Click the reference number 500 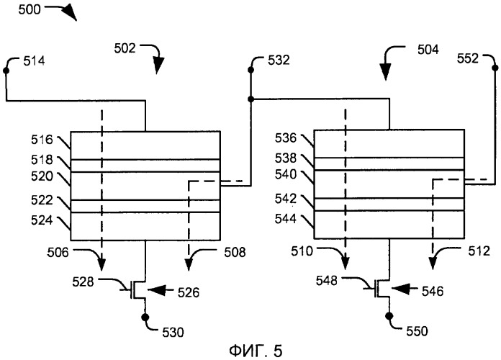(30, 9)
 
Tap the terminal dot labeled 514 (6, 71)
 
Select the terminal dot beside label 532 (250, 70)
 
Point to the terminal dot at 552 (495, 68)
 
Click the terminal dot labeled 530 (145, 317)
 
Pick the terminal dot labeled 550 (389, 316)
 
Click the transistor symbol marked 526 (136, 290)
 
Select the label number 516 (42, 140)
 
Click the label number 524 (42, 220)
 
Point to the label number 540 (286, 174)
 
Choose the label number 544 (286, 219)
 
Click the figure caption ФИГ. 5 (256, 351)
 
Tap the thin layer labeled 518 (145, 166)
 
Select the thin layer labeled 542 (389, 204)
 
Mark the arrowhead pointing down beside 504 (386, 71)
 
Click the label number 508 (235, 253)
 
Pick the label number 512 (479, 251)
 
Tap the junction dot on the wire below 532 (250, 99)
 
